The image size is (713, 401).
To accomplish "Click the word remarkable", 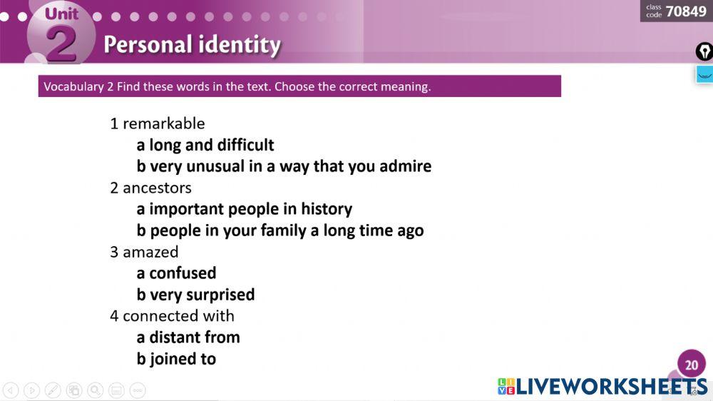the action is coord(164,123).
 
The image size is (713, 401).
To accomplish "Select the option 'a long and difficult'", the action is coord(205,145).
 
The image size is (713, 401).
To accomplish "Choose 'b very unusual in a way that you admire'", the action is coord(284,166).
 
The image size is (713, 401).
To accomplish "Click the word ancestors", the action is coord(157,188).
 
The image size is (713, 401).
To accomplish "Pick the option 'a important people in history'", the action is coord(244,209).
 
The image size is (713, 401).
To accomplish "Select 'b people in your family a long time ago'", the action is coord(280,230).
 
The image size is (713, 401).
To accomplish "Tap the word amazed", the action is coord(150,252).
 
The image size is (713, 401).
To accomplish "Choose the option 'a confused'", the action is coord(176,273).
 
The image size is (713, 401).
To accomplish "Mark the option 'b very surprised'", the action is coord(195,295).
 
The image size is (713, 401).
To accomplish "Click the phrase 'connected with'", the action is coord(178,316).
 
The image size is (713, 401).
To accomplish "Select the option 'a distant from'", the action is coord(188,337).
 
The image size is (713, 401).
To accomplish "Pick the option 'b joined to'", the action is coord(176,359).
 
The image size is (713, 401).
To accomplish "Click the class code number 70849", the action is coord(686,11).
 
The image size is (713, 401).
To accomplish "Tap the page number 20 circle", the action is coord(691,364).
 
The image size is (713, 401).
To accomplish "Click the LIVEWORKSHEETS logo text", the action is coord(612,387).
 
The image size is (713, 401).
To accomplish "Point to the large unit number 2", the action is coord(61,44).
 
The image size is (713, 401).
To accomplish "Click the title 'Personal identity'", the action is coord(193,45).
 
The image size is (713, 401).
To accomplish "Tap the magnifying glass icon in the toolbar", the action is coord(95,390).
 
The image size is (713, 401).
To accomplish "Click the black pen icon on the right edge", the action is coord(704,51).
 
